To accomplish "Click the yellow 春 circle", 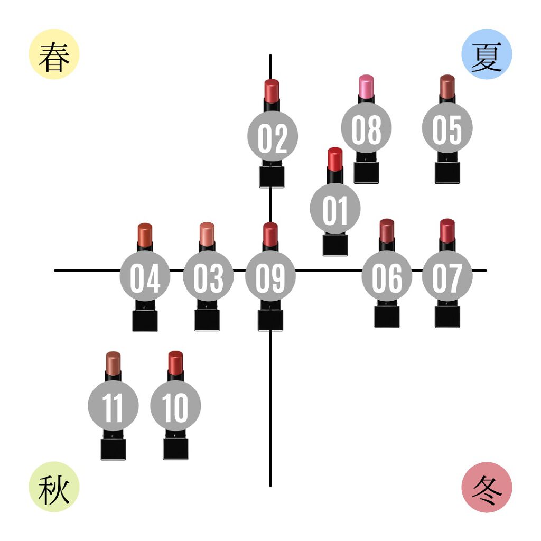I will point(54,54).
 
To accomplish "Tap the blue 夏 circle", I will point(487,54).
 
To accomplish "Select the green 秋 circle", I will point(54,487).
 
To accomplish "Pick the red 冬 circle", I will point(487,487).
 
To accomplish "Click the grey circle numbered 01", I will point(335,208).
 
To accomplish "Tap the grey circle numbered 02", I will point(273,136).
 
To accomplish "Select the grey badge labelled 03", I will point(208,276).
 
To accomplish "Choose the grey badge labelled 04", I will point(145,276).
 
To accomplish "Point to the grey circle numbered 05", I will point(447,127).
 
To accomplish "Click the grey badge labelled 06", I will point(387,276).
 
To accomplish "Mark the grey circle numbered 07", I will point(447,276).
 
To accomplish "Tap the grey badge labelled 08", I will point(366,127).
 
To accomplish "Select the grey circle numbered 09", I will point(270,276).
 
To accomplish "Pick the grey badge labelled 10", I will point(175,406).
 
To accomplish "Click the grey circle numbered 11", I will point(113,406).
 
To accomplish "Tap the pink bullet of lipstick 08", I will point(366,86).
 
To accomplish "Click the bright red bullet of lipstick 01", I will point(335,158).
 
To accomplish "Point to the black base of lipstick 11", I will point(113,449).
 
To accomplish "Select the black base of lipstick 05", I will point(447,173).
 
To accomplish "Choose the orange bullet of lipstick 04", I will point(145,233).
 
